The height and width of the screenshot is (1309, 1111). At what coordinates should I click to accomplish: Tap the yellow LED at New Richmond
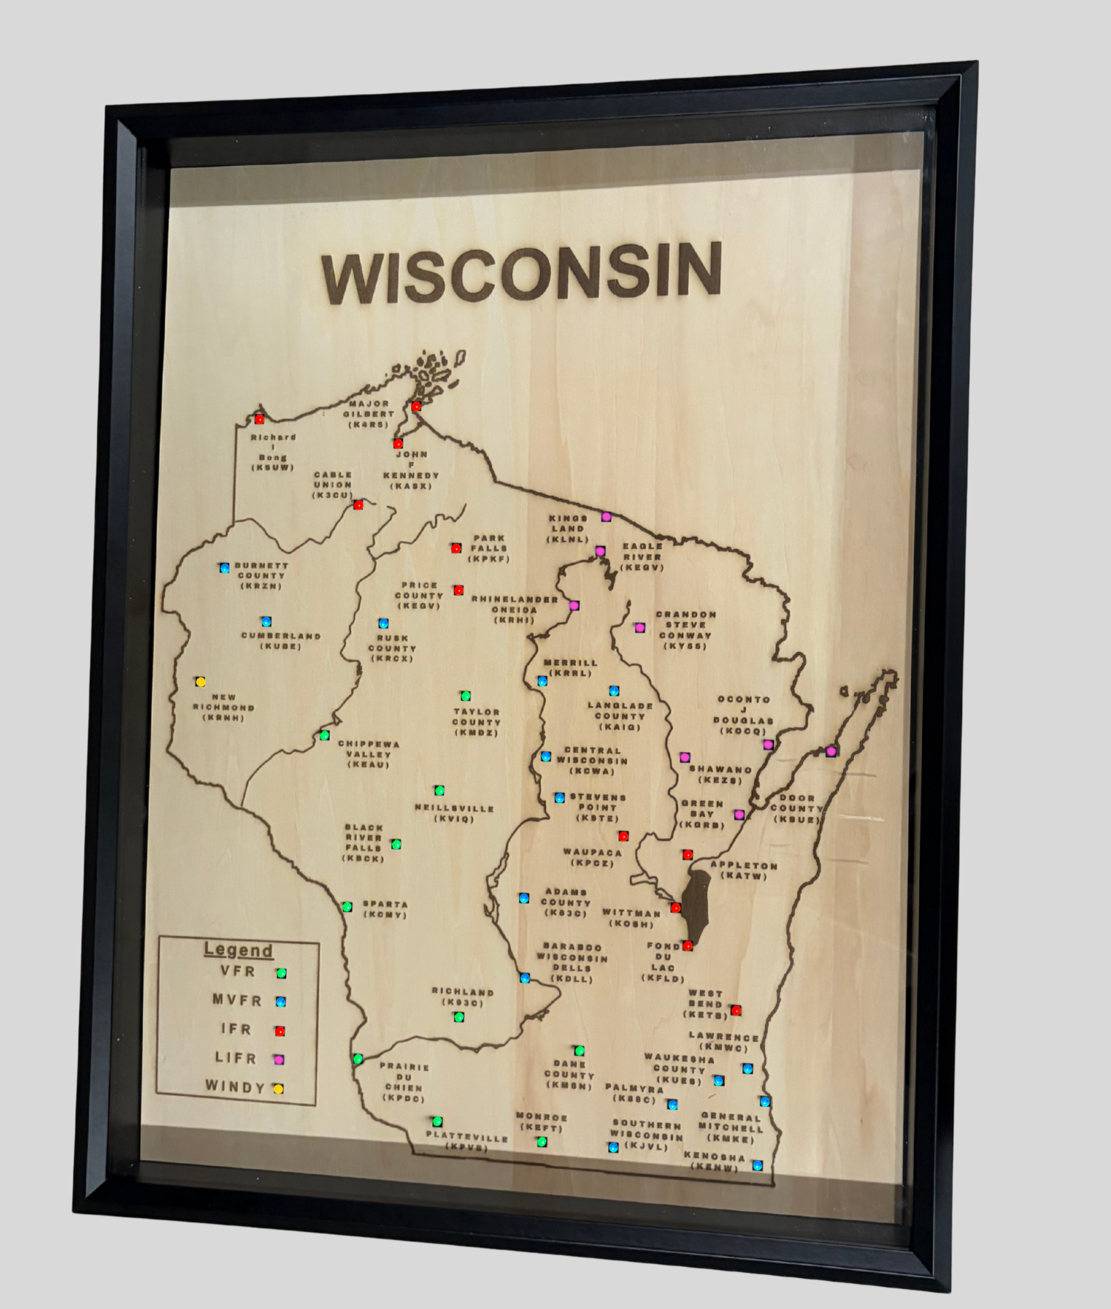coord(200,682)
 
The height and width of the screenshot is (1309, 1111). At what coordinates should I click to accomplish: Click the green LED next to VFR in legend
coord(281,973)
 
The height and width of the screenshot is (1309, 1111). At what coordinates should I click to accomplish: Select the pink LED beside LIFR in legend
coord(279,1059)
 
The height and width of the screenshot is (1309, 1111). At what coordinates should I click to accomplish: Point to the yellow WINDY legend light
coord(278,1089)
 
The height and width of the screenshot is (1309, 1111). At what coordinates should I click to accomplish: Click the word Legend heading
coord(238,950)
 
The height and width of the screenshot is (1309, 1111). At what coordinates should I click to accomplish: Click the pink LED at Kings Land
coord(606,516)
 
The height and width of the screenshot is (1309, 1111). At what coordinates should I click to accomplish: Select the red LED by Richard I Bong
coord(259,419)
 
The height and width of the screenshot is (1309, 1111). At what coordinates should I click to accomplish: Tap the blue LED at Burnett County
coord(224,568)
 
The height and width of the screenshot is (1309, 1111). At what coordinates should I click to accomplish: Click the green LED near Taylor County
coord(466,696)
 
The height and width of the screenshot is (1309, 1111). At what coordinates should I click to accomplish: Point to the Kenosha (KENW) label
coord(715,1162)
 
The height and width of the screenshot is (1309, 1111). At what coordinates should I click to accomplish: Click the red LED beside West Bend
coord(735,1010)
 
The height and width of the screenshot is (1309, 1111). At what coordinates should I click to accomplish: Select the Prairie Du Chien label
coord(404,1082)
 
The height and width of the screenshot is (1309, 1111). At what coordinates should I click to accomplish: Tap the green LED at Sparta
coord(347,907)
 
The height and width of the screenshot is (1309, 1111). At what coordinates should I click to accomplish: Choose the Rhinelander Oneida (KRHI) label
coord(515,609)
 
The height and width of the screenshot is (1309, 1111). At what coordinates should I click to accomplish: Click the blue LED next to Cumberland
coord(266,622)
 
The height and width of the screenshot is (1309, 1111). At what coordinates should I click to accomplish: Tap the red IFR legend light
coord(280,1030)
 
